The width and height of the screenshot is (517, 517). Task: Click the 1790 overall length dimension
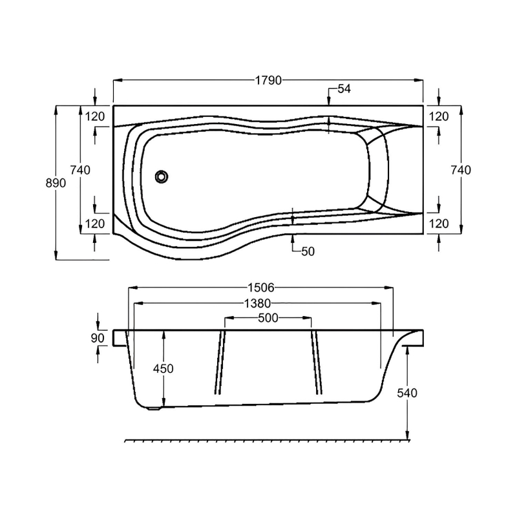[268, 81]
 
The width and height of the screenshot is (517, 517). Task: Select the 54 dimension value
[343, 89]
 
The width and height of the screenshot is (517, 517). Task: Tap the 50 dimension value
[308, 251]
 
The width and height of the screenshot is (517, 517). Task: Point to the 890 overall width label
[56, 184]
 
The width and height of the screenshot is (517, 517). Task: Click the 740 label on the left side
[79, 170]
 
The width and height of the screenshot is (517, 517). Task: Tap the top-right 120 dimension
[439, 116]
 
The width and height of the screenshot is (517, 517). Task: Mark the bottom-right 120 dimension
[439, 224]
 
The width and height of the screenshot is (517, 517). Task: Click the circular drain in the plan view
[161, 176]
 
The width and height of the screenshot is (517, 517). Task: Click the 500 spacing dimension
[268, 318]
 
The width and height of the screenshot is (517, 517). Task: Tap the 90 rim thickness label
[98, 338]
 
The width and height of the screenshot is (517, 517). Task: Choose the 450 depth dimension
[163, 368]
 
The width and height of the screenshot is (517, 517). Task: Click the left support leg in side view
[220, 362]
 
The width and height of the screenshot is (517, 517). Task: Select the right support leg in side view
[316, 362]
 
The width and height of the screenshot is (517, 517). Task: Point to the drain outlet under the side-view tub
[153, 407]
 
